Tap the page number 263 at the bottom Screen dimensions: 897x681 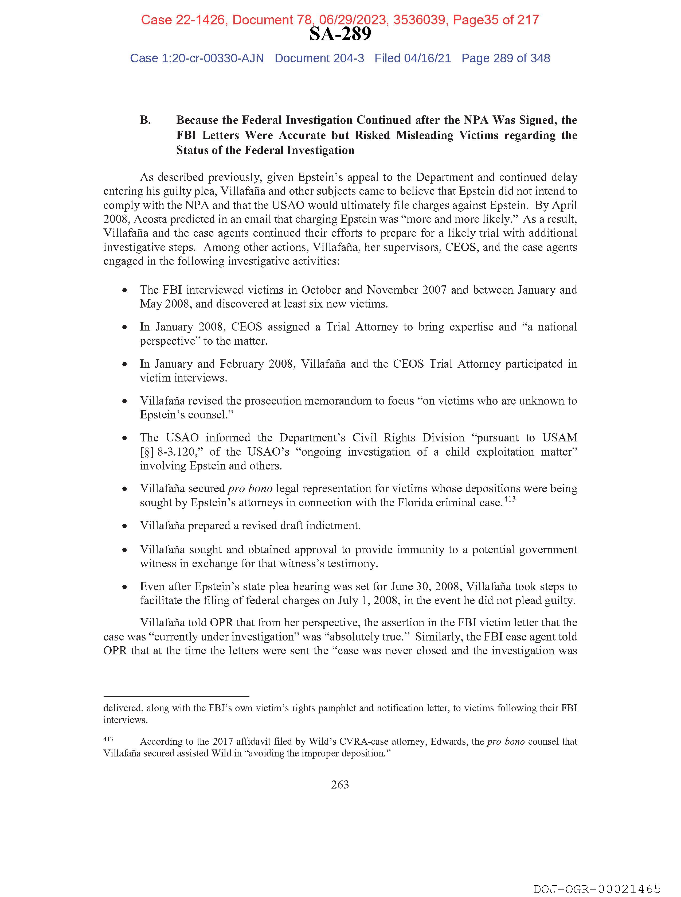tap(340, 784)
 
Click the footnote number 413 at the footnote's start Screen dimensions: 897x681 tap(108, 739)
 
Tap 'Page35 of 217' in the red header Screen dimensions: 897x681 tap(496, 20)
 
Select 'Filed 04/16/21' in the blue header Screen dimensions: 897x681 tap(412, 59)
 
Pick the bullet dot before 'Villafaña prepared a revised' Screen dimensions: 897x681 tap(125, 526)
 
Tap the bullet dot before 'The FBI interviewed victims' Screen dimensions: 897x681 tap(125, 290)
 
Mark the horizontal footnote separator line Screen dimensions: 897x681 tap(176, 696)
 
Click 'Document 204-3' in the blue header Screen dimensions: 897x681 tap(319, 59)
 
